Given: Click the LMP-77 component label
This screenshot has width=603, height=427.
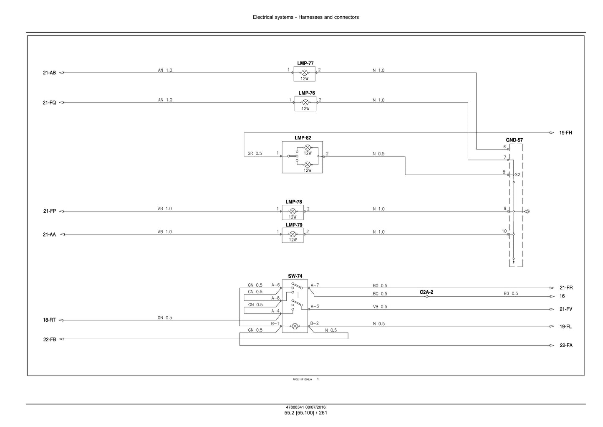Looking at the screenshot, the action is (x=305, y=64).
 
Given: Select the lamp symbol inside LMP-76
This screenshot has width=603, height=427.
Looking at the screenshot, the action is (x=305, y=102).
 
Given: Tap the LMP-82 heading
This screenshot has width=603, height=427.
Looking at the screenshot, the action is (x=303, y=138).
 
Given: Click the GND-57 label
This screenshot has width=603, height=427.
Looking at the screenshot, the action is (x=514, y=140).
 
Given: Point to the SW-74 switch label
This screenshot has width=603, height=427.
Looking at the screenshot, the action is (x=295, y=276).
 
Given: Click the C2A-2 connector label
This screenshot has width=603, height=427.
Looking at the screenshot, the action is (x=426, y=292).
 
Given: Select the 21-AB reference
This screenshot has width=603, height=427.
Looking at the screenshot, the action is (x=49, y=73).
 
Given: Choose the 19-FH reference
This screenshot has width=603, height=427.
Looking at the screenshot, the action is (x=565, y=132).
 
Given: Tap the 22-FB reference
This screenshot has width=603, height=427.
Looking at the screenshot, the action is (x=50, y=339).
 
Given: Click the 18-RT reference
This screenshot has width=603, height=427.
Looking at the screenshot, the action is (x=49, y=320).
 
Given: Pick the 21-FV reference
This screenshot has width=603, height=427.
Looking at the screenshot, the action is (x=566, y=309).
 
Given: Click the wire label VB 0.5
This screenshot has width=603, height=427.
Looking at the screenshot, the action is (x=380, y=307).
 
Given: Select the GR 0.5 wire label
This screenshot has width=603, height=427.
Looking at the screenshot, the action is (x=255, y=153).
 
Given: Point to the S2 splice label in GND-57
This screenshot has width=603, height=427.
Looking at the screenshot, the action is (x=517, y=175).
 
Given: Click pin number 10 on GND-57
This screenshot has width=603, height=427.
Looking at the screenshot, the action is (x=504, y=231).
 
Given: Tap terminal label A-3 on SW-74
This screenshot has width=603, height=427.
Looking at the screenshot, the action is (x=315, y=306).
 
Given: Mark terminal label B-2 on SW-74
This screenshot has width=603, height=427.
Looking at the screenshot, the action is (x=314, y=323).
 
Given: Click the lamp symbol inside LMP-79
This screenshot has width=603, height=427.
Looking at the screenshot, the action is (x=293, y=234).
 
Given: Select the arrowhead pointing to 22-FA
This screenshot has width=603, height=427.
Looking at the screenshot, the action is (x=552, y=346).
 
